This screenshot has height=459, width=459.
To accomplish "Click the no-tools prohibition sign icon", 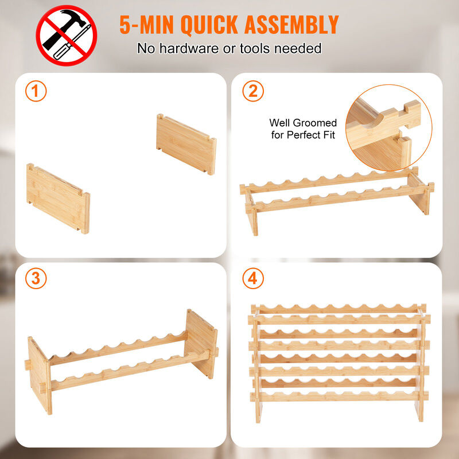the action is (x=67, y=36).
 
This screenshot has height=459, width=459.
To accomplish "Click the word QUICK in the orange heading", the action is (x=209, y=25).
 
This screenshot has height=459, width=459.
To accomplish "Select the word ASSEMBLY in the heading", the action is (x=291, y=25).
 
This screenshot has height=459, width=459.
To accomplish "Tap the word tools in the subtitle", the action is (x=255, y=48).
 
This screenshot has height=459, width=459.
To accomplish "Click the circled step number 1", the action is (x=36, y=91).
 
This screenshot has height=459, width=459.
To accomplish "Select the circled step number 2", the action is (x=253, y=91).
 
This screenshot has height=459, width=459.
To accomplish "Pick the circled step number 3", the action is (x=36, y=278).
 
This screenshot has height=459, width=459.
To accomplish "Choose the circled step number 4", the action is (x=253, y=278).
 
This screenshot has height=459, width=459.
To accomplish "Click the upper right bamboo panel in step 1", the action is (x=186, y=144).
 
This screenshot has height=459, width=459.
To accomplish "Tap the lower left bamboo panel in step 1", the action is (x=58, y=199).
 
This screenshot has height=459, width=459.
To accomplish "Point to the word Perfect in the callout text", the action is (x=306, y=135).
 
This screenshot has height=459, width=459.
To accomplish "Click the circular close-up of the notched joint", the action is (x=389, y=127).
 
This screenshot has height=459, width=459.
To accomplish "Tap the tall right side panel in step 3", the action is (x=201, y=344).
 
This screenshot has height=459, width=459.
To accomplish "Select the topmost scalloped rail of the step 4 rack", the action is (x=339, y=309).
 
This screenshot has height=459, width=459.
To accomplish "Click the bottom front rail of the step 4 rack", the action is (x=339, y=396).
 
